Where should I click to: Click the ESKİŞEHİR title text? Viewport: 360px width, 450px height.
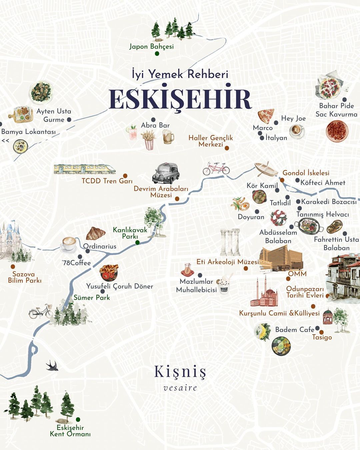(180, 99)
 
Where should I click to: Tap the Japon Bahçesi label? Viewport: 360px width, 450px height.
(152, 46)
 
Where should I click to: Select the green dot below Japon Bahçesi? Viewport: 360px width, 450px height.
(157, 53)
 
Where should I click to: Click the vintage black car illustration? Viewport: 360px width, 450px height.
(166, 173)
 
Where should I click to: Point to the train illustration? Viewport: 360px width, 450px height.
(85, 169)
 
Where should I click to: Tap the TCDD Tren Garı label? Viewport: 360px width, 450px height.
(107, 181)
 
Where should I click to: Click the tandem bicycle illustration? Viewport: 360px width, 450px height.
(216, 169)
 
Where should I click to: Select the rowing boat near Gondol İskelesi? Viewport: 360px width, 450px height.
(266, 169)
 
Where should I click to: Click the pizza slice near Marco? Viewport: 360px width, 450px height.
(266, 116)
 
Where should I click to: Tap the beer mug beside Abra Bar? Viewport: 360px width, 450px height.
(168, 136)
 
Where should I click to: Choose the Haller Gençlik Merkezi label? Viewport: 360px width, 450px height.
(211, 141)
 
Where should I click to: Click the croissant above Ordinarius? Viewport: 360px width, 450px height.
(96, 233)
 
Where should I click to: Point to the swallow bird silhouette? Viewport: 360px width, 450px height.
(52, 366)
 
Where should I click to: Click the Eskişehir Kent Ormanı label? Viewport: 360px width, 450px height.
(70, 431)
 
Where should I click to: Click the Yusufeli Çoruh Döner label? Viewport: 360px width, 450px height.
(120, 286)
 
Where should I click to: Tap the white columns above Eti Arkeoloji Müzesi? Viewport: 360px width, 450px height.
(230, 242)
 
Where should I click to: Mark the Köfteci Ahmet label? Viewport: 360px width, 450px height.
(323, 183)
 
